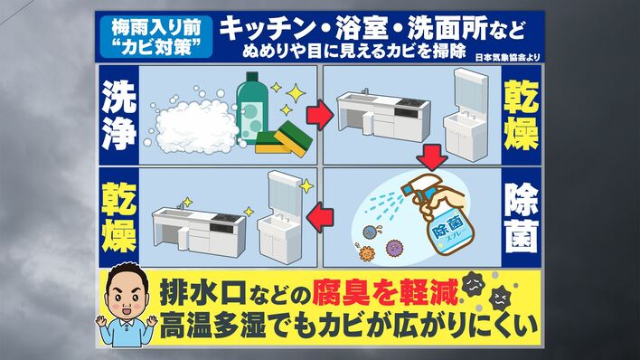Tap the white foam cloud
(195, 126)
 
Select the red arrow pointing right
(320, 115)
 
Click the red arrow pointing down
(433, 157)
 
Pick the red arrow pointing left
(320, 217)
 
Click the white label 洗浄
(118, 115)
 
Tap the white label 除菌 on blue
(522, 217)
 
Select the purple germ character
(394, 247)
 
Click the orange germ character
(366, 252)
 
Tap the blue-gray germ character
(371, 232)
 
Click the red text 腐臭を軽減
(385, 292)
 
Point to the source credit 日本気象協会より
(507, 57)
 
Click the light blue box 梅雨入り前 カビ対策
(156, 37)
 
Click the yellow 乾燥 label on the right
(522, 115)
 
